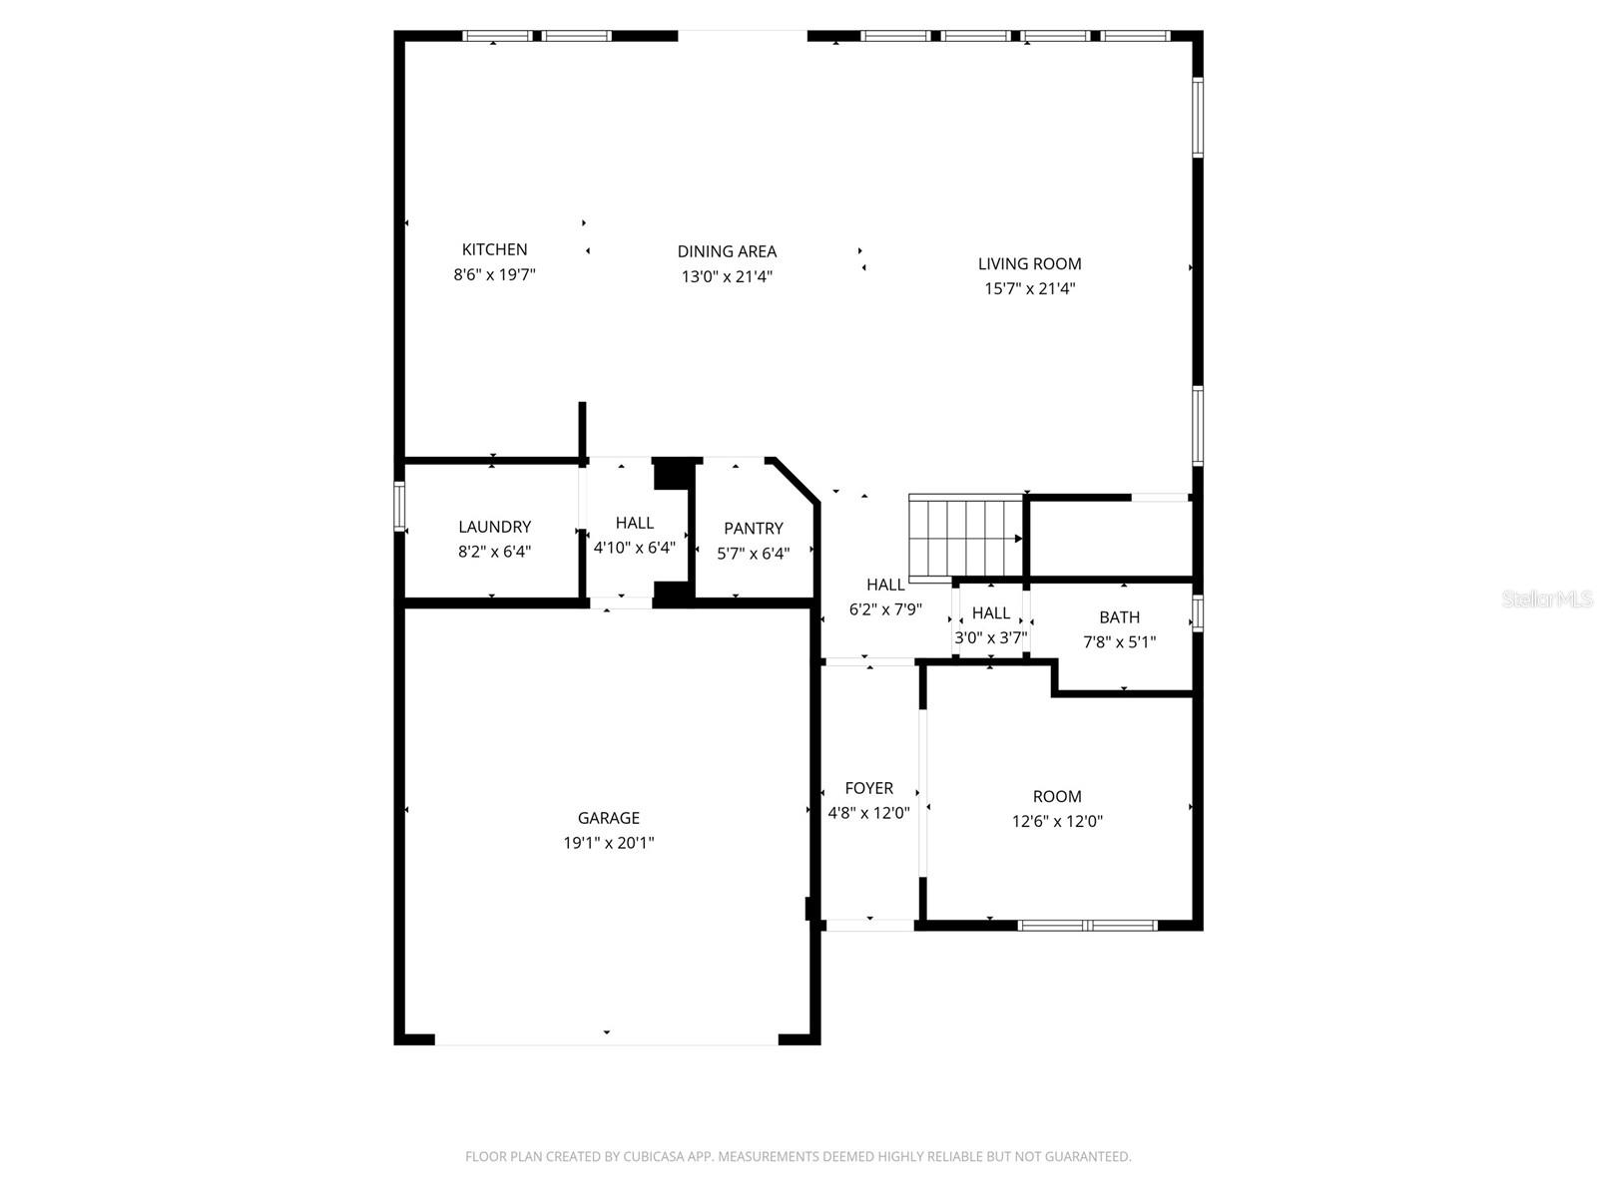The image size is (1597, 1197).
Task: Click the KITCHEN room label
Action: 494,249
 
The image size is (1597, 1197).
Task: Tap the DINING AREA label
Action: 727,251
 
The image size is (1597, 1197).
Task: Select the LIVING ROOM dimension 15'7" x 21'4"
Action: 1029,288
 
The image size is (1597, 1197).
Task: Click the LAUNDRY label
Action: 494,527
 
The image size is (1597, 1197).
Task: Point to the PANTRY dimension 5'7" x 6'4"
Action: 753,554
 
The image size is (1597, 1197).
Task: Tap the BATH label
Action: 1119,617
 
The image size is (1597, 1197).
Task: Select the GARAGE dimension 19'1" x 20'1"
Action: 608,843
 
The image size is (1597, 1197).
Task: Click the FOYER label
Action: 868,788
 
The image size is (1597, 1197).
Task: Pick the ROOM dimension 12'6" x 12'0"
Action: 1056,822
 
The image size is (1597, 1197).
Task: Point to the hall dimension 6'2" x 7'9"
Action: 884,609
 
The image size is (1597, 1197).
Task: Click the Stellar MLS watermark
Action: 1546,599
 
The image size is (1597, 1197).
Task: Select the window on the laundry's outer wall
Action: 399,505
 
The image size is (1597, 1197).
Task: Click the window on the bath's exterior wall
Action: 1198,612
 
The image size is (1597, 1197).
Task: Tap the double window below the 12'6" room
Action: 1087,926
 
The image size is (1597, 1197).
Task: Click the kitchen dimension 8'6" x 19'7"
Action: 494,274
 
